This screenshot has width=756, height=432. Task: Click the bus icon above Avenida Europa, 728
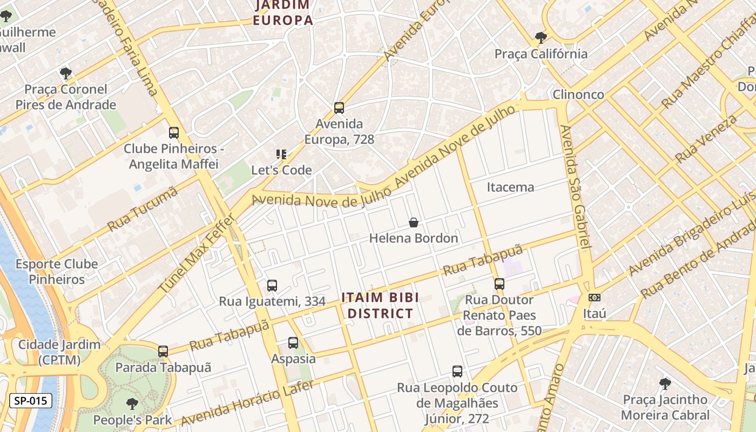[339, 108]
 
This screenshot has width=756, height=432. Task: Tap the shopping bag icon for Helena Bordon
[414, 222]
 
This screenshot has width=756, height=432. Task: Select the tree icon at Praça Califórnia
[541, 38]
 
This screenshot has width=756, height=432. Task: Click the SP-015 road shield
[31, 401]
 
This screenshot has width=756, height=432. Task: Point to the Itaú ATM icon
[594, 298]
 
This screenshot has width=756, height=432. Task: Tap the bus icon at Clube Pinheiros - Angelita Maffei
[173, 133]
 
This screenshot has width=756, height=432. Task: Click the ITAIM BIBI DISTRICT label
[380, 306]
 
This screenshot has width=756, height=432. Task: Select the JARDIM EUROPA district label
[283, 13]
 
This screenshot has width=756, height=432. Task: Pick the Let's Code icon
[281, 154]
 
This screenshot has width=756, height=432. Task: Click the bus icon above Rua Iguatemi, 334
[272, 286]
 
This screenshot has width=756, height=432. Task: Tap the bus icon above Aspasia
[293, 343]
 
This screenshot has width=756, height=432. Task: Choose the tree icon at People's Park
[132, 404]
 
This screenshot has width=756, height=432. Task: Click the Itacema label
[510, 187]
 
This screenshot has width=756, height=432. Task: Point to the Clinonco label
[578, 94]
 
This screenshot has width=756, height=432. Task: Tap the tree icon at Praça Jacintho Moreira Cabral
[665, 384]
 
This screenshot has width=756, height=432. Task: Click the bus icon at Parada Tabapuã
[163, 352]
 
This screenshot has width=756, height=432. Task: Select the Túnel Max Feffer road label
[197, 253]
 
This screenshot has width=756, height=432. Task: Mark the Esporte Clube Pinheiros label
[57, 272]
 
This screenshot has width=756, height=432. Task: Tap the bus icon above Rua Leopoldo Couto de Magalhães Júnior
[457, 372]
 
